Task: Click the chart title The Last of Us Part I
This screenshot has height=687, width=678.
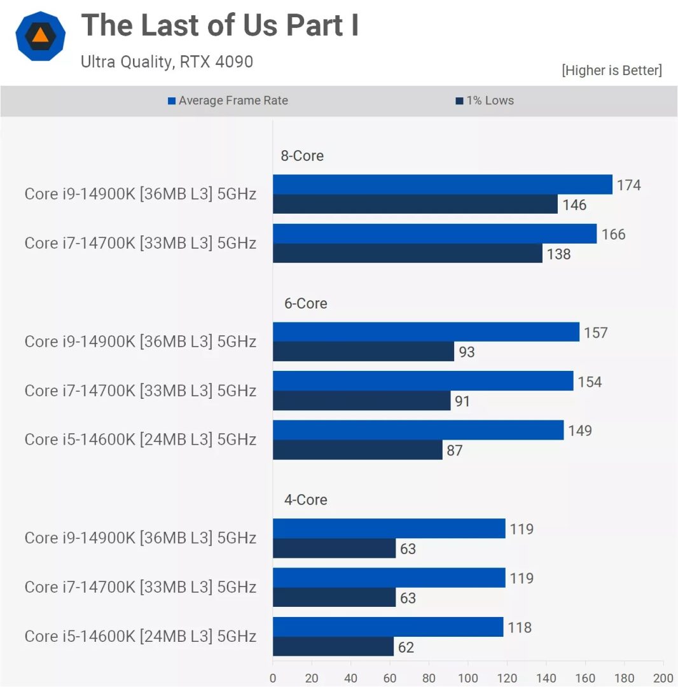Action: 220,26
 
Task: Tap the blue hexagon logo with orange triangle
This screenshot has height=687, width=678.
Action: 41,36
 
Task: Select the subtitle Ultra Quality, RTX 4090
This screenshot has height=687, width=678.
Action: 167,62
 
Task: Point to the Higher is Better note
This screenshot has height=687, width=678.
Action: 611,71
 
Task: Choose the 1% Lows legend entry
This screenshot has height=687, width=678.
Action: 485,101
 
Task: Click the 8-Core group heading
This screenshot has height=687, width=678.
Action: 302,156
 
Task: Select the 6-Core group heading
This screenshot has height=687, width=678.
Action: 305,303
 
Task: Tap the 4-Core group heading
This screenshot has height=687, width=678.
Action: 305,500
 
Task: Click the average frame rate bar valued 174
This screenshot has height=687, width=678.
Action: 442,184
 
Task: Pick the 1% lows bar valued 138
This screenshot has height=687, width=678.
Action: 407,254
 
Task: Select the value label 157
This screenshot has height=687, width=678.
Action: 595,333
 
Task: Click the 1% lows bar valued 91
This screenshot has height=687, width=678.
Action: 361,401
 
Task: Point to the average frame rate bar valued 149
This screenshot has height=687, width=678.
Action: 418,430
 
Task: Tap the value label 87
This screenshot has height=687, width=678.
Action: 454,450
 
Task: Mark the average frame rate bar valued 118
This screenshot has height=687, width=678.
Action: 388,627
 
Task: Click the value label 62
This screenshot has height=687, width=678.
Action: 405,648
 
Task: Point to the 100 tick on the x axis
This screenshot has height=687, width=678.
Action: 468,678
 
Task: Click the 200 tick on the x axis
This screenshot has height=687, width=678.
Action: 663,678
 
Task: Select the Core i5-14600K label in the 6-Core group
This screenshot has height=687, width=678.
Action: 140,440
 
